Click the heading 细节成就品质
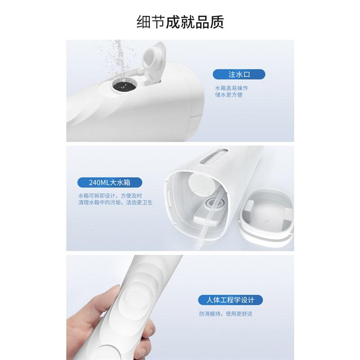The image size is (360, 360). click(x=180, y=22)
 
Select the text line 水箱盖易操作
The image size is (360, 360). click(x=231, y=88)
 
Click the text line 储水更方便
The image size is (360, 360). click(x=229, y=95)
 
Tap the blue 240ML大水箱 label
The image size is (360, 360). click(x=110, y=183)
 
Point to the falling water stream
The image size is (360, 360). click(x=118, y=56)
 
